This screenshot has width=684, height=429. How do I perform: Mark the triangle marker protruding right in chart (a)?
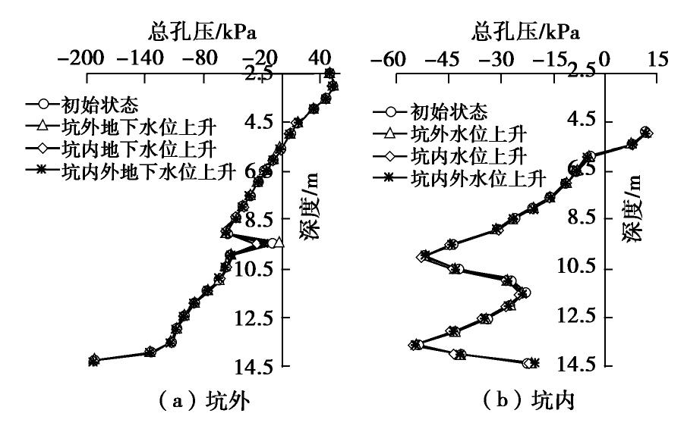click(279, 243)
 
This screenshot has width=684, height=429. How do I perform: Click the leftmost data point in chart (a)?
click(93, 361)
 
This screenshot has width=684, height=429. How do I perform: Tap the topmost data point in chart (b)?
click(646, 132)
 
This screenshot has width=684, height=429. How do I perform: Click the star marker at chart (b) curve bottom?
click(534, 363)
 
